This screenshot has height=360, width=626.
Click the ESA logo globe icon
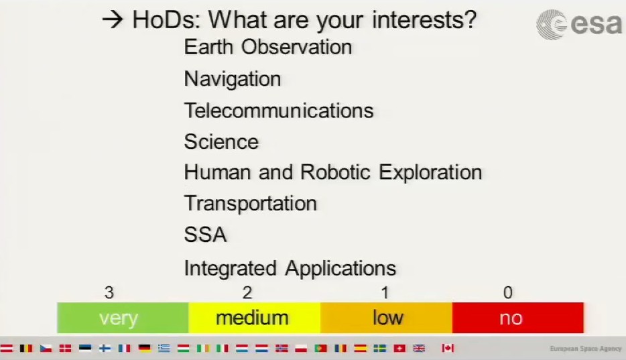point(552,25)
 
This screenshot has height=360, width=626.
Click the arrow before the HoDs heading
point(113,19)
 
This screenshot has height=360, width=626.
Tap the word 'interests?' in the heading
point(424,20)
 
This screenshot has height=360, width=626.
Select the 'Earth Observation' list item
point(268,47)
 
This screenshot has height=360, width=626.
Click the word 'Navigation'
point(233,79)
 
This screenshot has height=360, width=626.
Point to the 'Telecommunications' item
point(279,111)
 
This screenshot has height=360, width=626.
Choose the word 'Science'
point(221,141)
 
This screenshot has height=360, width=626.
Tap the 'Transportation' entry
point(250,204)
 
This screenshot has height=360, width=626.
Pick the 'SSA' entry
point(205,235)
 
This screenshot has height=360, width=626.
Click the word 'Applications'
point(340,269)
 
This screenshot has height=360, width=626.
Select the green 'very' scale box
point(123,318)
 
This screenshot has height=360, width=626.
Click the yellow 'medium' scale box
point(254,318)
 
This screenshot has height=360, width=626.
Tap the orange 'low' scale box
point(386,318)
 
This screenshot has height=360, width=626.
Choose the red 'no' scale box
point(518,318)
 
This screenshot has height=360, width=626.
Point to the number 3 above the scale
point(109,292)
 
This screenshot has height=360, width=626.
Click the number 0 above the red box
point(508,292)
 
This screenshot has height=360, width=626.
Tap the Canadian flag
point(448,348)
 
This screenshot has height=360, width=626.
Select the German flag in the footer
point(145,348)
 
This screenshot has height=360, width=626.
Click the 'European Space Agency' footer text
point(586,349)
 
